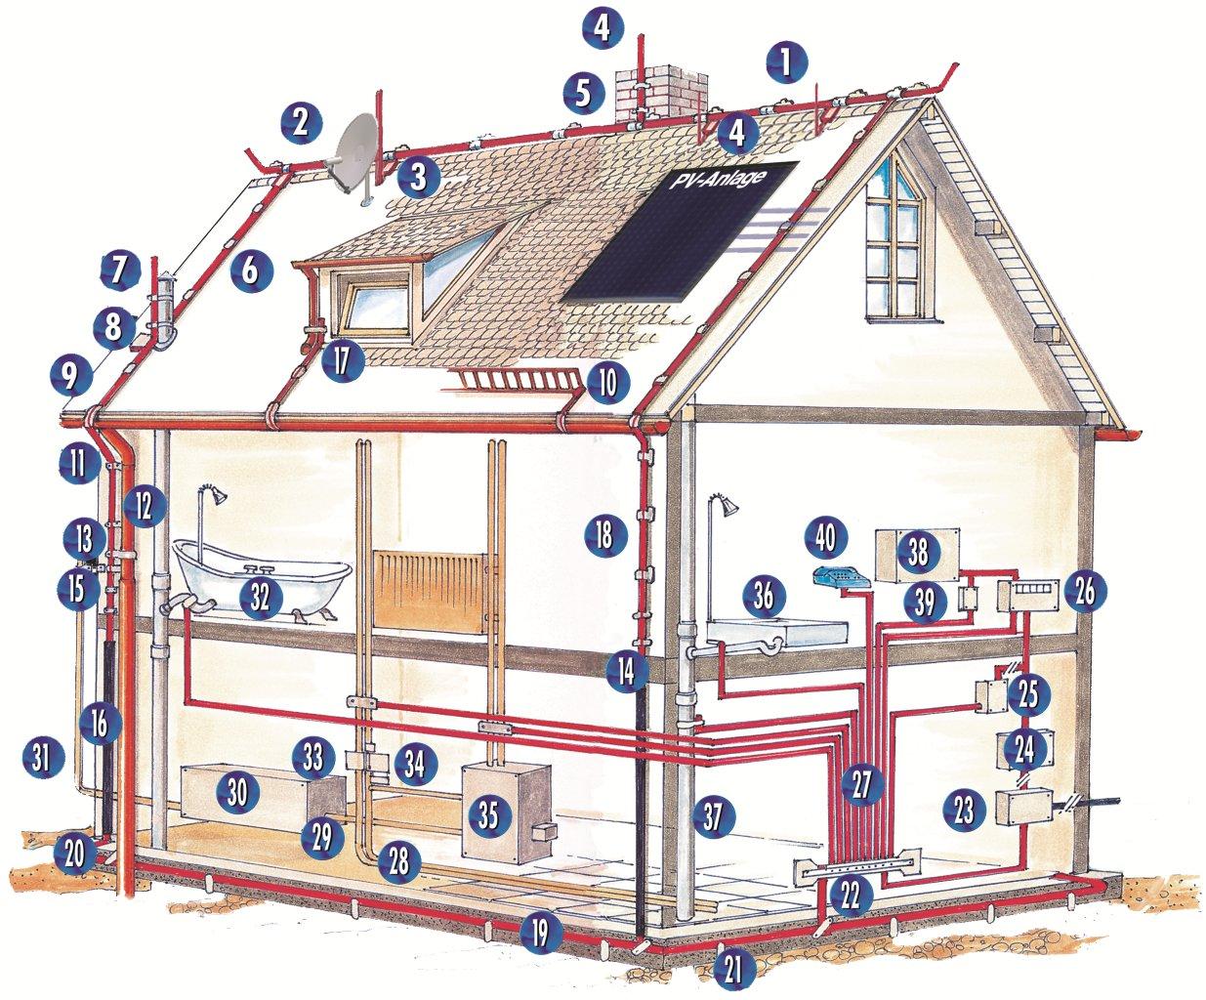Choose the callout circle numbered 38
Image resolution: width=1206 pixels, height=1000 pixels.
pyautogui.click(x=918, y=553)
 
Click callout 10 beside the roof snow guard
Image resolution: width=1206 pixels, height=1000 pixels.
pyautogui.click(x=607, y=381)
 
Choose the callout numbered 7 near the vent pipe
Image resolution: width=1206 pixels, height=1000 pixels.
pyautogui.click(x=119, y=271)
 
